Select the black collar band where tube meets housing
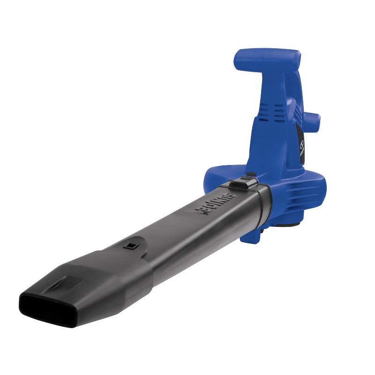pos(262,206)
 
